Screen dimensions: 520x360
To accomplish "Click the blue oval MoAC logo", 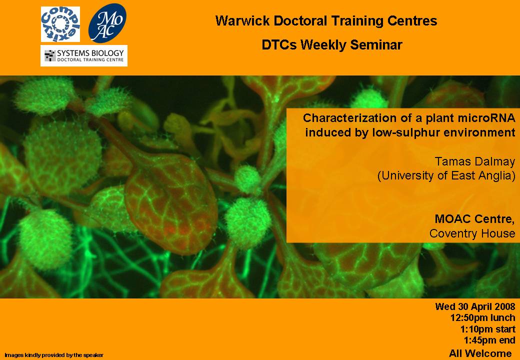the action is pyautogui.click(x=107, y=23).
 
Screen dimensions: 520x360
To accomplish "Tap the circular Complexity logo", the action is pyautogui.click(x=60, y=24).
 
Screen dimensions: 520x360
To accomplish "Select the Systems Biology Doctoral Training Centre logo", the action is pyautogui.click(x=84, y=55).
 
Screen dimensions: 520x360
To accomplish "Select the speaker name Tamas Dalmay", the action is pyautogui.click(x=475, y=162).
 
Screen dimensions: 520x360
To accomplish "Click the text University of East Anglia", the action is pyautogui.click(x=446, y=175).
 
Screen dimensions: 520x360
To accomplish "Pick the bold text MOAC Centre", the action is pyautogui.click(x=475, y=219).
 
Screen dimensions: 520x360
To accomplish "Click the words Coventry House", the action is pyautogui.click(x=472, y=233).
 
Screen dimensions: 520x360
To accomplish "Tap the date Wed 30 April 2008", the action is pyautogui.click(x=475, y=306).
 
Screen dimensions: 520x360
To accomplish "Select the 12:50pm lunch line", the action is pyautogui.click(x=483, y=318).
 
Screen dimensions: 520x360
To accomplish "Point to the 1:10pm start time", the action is pyautogui.click(x=488, y=329).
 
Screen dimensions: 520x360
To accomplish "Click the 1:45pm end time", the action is pyautogui.click(x=489, y=341).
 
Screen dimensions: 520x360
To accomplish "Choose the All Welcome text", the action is pyautogui.click(x=480, y=353).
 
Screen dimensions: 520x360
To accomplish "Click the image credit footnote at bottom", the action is pyautogui.click(x=54, y=355).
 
